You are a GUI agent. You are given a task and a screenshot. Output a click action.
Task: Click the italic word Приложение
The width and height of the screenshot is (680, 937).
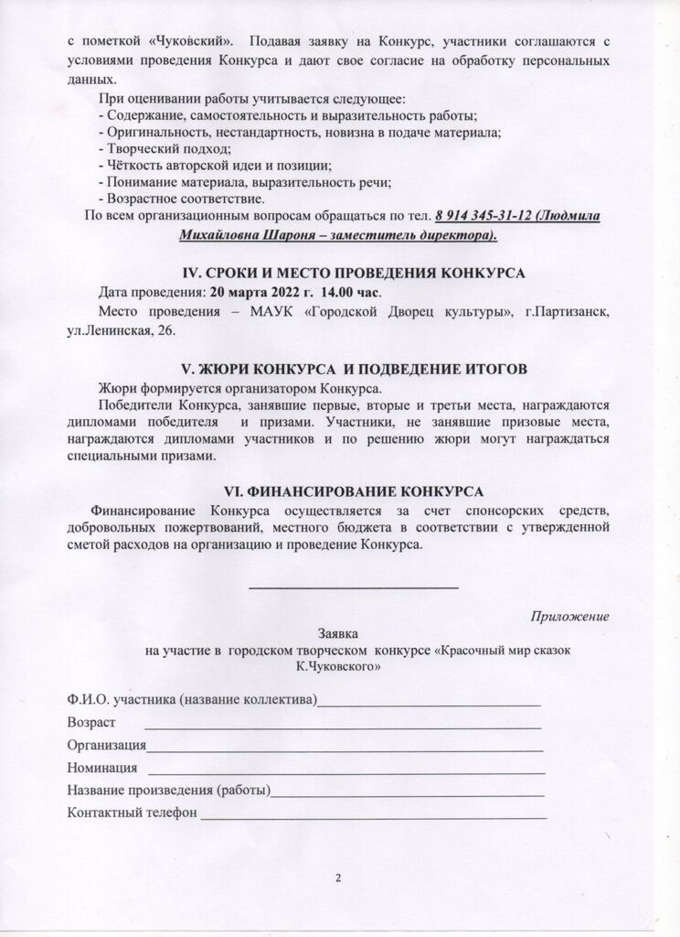tap(570, 616)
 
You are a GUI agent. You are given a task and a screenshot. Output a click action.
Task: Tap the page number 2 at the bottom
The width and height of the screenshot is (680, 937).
tap(338, 879)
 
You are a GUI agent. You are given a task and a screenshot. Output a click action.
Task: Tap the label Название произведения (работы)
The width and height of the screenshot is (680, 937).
tap(169, 791)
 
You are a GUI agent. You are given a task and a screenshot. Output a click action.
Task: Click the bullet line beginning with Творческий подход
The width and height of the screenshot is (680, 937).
tap(165, 148)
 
